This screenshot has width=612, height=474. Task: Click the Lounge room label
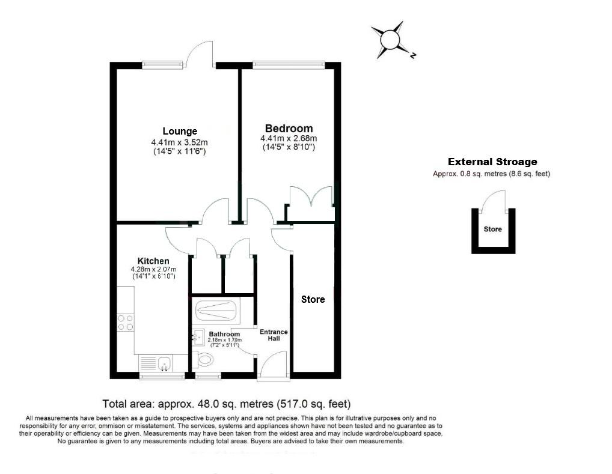[179, 132]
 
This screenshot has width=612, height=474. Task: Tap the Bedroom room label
[289, 129]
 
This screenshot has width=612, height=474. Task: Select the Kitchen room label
[153, 261]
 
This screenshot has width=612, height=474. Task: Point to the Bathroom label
[224, 334]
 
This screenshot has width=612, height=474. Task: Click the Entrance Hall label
[274, 335]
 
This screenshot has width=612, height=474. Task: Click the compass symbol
[390, 40]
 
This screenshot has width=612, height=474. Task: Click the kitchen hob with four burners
[126, 323]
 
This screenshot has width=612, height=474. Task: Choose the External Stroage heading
[492, 162]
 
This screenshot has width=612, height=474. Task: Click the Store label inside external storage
[492, 229]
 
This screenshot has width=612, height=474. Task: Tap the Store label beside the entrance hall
[313, 299]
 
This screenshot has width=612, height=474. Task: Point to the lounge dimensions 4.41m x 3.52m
[179, 142]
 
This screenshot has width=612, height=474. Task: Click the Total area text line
[227, 404]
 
